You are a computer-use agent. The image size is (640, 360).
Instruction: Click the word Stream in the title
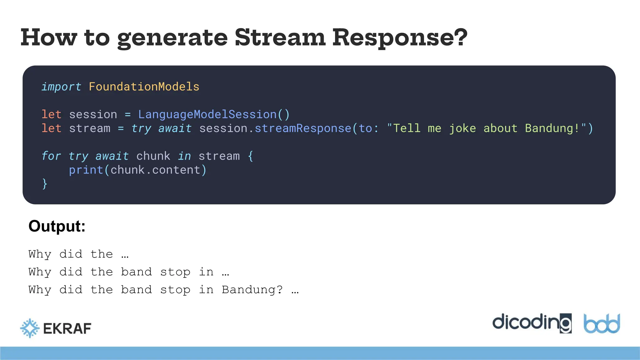click(280, 37)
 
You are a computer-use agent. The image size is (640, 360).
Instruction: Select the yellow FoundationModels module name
click(144, 87)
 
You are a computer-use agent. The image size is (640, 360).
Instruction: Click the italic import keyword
click(61, 87)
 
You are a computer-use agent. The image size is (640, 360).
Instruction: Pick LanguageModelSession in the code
click(207, 114)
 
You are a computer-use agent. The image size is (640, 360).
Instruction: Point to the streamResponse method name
click(303, 128)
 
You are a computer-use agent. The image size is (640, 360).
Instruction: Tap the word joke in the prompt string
click(462, 128)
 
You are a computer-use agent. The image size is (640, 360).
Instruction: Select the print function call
click(86, 170)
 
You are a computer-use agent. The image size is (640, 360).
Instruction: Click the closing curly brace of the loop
click(45, 184)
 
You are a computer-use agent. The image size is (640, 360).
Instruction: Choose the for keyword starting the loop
click(51, 156)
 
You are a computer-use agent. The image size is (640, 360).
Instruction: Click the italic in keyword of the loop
click(184, 156)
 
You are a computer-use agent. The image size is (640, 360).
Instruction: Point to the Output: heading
click(57, 226)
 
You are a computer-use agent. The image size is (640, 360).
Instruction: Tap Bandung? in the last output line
click(252, 290)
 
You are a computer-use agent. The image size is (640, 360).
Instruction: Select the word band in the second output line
click(136, 272)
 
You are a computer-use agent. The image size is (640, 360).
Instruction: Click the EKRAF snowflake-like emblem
click(30, 328)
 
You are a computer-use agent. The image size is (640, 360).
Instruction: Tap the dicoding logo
click(532, 323)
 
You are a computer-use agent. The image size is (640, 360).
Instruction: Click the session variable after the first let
click(93, 114)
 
